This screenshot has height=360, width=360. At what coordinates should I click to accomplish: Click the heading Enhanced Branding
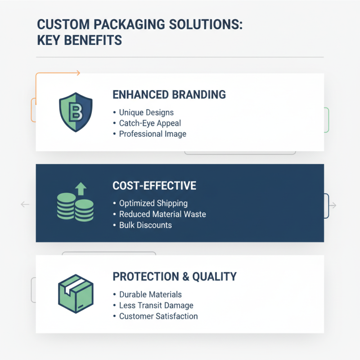pyautogui.click(x=169, y=95)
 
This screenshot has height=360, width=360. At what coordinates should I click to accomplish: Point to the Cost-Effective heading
pyautogui.click(x=154, y=185)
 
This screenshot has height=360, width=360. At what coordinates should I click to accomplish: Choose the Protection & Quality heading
pyautogui.click(x=175, y=276)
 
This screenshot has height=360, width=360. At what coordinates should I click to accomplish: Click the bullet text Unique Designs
pyautogui.click(x=146, y=112)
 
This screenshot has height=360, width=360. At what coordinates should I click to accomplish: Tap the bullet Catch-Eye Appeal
pyautogui.click(x=150, y=123)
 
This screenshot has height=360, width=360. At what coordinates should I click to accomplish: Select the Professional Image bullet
pyautogui.click(x=153, y=134)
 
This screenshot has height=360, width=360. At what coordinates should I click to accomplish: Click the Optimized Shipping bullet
pyautogui.click(x=153, y=203)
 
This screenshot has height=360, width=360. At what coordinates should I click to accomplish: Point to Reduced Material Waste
pyautogui.click(x=162, y=214)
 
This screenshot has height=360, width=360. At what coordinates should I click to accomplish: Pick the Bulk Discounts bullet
pyautogui.click(x=145, y=225)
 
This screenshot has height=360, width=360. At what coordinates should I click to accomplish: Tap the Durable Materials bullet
pyautogui.click(x=150, y=295)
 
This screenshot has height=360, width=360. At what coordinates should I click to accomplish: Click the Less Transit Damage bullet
pyautogui.click(x=156, y=306)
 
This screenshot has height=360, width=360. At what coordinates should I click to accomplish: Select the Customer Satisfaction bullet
pyautogui.click(x=158, y=316)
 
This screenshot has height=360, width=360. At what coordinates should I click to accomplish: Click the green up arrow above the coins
pyautogui.click(x=81, y=188)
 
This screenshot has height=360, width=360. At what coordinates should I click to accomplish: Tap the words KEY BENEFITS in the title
pyautogui.click(x=79, y=40)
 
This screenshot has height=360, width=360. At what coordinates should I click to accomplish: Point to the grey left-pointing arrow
pyautogui.click(x=25, y=205)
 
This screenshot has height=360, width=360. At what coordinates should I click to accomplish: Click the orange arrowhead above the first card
pyautogui.click(x=78, y=72)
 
